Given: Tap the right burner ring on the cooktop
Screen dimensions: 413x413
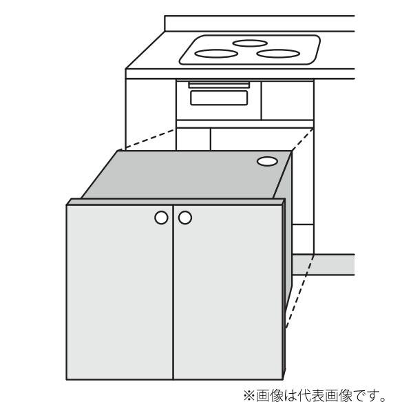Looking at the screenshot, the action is coord(277,53).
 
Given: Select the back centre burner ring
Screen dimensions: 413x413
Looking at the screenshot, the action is coord(249,43).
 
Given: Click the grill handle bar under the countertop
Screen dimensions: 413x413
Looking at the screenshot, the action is coord(218,85).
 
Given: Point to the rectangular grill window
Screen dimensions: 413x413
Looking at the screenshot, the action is coord(219,97).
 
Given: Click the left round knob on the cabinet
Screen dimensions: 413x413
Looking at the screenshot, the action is coord(161,218).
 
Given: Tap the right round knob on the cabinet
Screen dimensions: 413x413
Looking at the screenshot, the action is coord(184,218).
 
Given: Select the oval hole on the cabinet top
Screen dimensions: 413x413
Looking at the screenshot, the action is coord(268,161).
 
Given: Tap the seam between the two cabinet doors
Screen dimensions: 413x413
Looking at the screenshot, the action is coord(173,296).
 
